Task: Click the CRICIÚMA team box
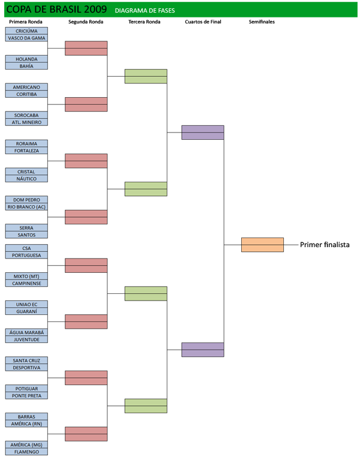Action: [26, 31]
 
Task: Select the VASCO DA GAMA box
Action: [26, 38]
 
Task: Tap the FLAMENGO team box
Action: [26, 452]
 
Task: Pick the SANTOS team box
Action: [26, 235]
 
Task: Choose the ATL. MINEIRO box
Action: [26, 122]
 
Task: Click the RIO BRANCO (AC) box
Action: [26, 207]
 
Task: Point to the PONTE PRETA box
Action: [26, 395]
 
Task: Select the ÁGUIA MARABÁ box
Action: [26, 332]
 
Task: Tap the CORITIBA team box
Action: [26, 94]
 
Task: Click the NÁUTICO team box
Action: [26, 179]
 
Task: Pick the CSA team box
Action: [26, 248]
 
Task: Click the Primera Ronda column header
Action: [26, 22]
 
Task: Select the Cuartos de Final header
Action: [203, 22]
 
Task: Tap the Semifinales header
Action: [262, 22]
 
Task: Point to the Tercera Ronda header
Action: [144, 22]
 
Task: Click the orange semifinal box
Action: [262, 245]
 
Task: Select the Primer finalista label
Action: [325, 245]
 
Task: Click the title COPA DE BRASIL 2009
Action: [56, 10]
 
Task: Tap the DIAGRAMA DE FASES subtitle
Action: [145, 10]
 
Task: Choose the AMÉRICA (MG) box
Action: [26, 445]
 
